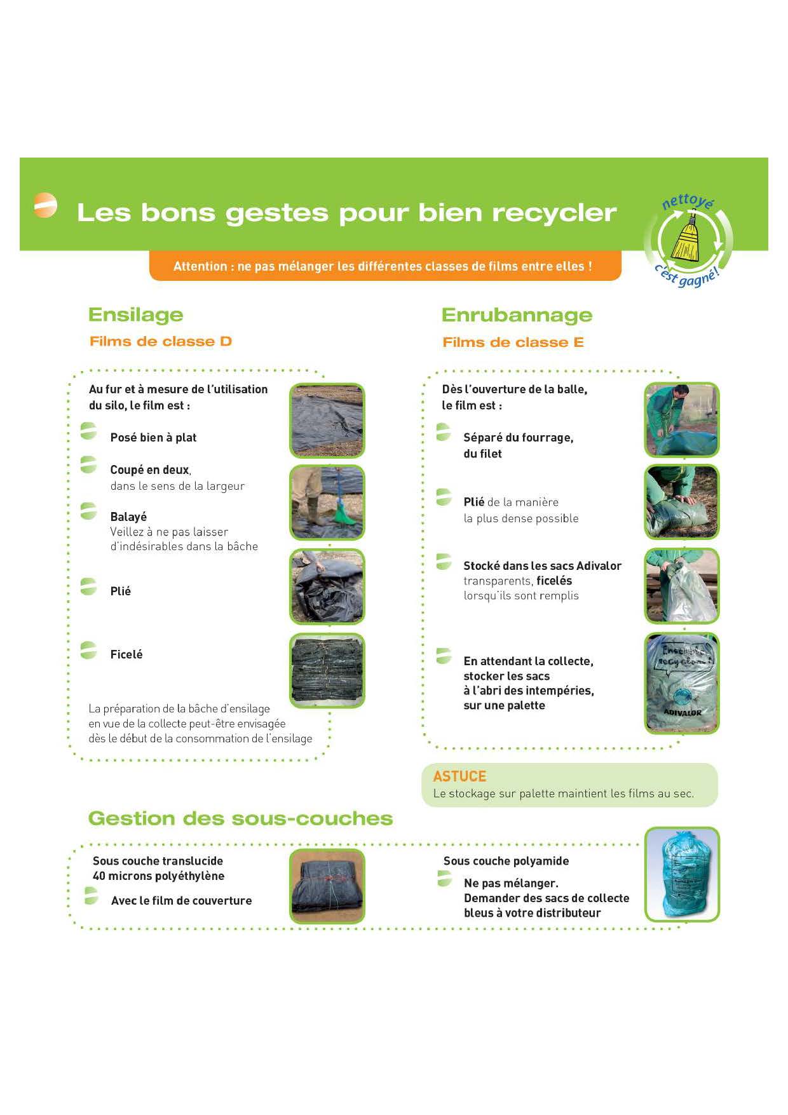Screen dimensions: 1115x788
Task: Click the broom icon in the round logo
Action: click(x=687, y=240)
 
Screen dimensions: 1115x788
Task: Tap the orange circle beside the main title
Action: click(x=45, y=205)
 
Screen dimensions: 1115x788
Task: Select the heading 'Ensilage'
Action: click(x=135, y=314)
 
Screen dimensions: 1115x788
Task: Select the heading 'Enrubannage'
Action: click(x=517, y=315)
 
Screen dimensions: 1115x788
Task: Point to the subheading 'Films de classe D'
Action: click(x=161, y=342)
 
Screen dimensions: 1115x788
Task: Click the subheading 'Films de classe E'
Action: click(x=513, y=342)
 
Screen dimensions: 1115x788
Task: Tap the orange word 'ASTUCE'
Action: click(x=459, y=776)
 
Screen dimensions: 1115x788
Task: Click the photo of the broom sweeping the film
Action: click(x=327, y=503)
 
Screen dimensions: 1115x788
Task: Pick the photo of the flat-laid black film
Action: click(x=327, y=420)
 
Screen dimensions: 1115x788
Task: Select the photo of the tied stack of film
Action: click(x=327, y=670)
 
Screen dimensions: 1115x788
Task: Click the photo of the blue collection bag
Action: click(x=682, y=874)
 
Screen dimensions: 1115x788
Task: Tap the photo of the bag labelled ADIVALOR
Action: click(x=682, y=683)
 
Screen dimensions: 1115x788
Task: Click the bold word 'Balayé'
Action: click(x=128, y=517)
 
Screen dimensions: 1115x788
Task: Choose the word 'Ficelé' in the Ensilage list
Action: click(x=126, y=654)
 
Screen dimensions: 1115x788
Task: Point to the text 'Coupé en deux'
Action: click(x=150, y=470)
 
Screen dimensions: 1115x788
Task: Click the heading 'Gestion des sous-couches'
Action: click(x=240, y=818)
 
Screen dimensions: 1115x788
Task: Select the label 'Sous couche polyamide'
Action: click(x=506, y=861)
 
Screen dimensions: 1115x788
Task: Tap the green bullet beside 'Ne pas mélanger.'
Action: click(x=445, y=879)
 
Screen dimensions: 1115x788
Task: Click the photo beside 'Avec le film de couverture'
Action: click(x=327, y=886)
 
